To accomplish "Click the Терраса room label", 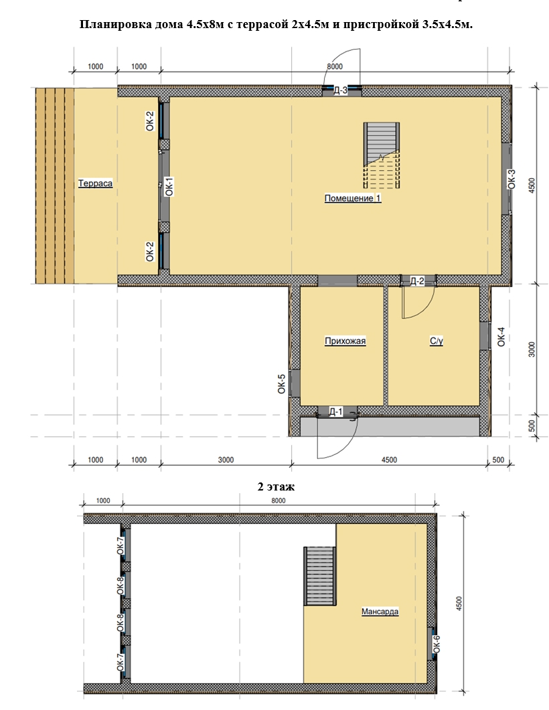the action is click(95, 183).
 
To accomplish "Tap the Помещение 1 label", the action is click(353, 198).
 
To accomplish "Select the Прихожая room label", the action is click(345, 341).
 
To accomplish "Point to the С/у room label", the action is click(437, 341).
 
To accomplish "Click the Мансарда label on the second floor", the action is click(380, 612).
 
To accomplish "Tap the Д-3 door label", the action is click(341, 90).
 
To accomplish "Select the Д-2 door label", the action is click(417, 281).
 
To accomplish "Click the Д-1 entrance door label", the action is click(335, 412).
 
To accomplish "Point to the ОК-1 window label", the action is click(169, 187).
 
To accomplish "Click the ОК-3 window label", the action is click(512, 179).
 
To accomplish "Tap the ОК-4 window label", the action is click(501, 337).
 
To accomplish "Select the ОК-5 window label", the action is click(282, 383).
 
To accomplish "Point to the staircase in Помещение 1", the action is click(382, 155).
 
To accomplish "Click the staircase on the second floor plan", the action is click(320, 576).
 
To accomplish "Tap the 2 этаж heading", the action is click(276, 486).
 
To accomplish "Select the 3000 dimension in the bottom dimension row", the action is click(226, 460).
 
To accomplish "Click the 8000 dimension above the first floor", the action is click(335, 66).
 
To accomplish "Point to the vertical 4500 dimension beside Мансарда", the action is click(459, 604).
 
